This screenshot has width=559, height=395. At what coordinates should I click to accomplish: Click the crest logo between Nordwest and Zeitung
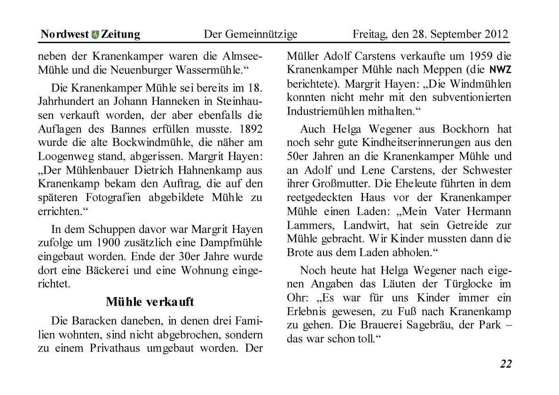pos(95,34)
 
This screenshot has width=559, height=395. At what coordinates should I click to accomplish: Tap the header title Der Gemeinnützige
pos(250,34)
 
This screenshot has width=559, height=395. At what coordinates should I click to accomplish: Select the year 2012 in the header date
pos(494,34)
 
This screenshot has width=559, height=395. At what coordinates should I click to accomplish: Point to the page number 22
pos(506,364)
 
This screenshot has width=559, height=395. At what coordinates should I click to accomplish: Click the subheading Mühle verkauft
pos(150,301)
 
